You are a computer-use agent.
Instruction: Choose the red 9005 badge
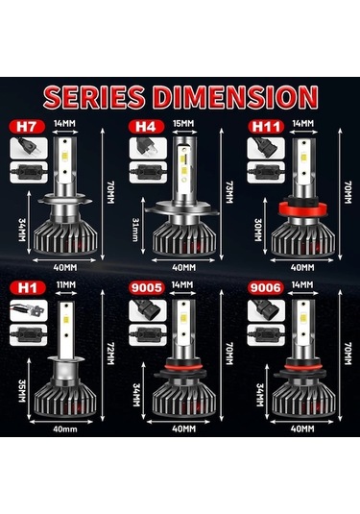coord(147,286)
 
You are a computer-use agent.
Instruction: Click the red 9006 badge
coord(261,286)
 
